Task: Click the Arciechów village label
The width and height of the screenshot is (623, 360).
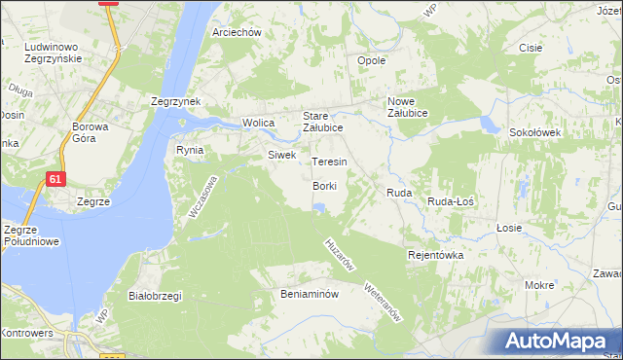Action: coord(238,32)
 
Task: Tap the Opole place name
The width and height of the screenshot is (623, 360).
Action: coord(372,60)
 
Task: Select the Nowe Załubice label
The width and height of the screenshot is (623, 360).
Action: coord(415,107)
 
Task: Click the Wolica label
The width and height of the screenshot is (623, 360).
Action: coord(258,124)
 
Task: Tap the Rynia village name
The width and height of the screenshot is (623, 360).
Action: coord(189,150)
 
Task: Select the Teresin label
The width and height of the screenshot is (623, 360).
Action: coord(329,162)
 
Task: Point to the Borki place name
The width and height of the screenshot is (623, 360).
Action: coord(325,186)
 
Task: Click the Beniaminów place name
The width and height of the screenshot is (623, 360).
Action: coord(309,293)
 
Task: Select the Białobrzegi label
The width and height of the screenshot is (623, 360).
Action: coord(156,296)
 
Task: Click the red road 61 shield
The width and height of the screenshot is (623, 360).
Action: coord(56,179)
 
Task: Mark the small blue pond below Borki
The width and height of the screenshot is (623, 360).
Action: coord(318,206)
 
